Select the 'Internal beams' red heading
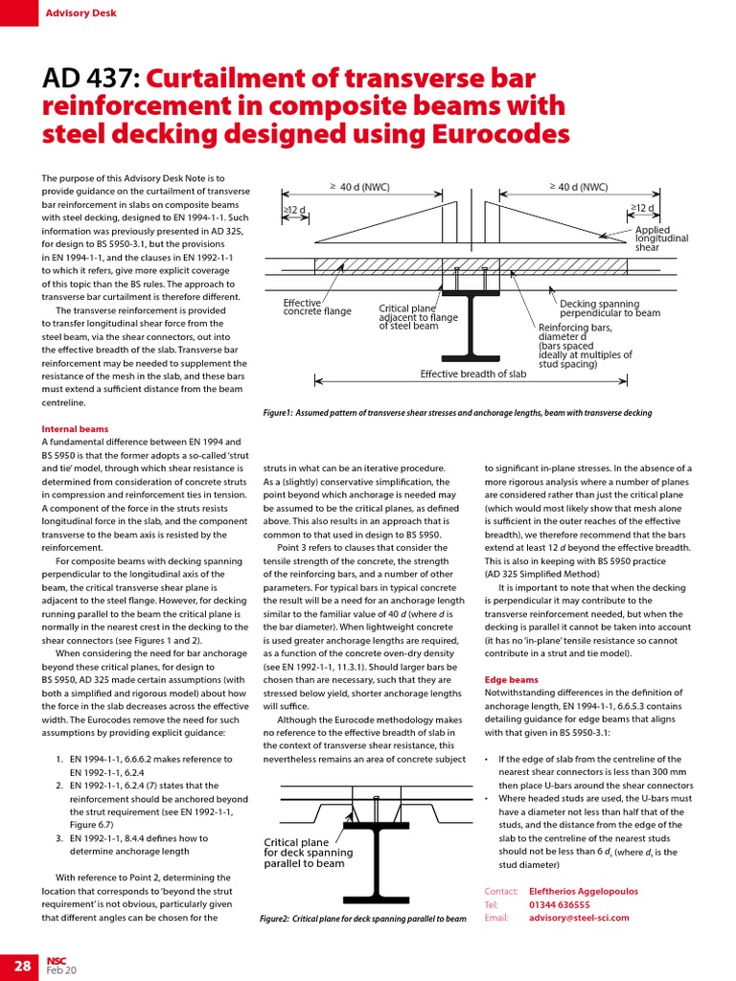click(x=75, y=429)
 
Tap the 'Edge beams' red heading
click(x=511, y=679)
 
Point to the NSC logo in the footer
click(x=56, y=961)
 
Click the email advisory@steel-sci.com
click(x=579, y=917)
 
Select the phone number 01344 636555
click(x=559, y=903)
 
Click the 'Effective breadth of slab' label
click(x=473, y=374)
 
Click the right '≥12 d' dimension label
click(x=642, y=208)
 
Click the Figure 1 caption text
click(x=457, y=413)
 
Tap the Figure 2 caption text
click(x=363, y=918)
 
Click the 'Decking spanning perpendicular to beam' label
click(x=609, y=308)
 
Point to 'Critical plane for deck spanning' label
click(x=308, y=853)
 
